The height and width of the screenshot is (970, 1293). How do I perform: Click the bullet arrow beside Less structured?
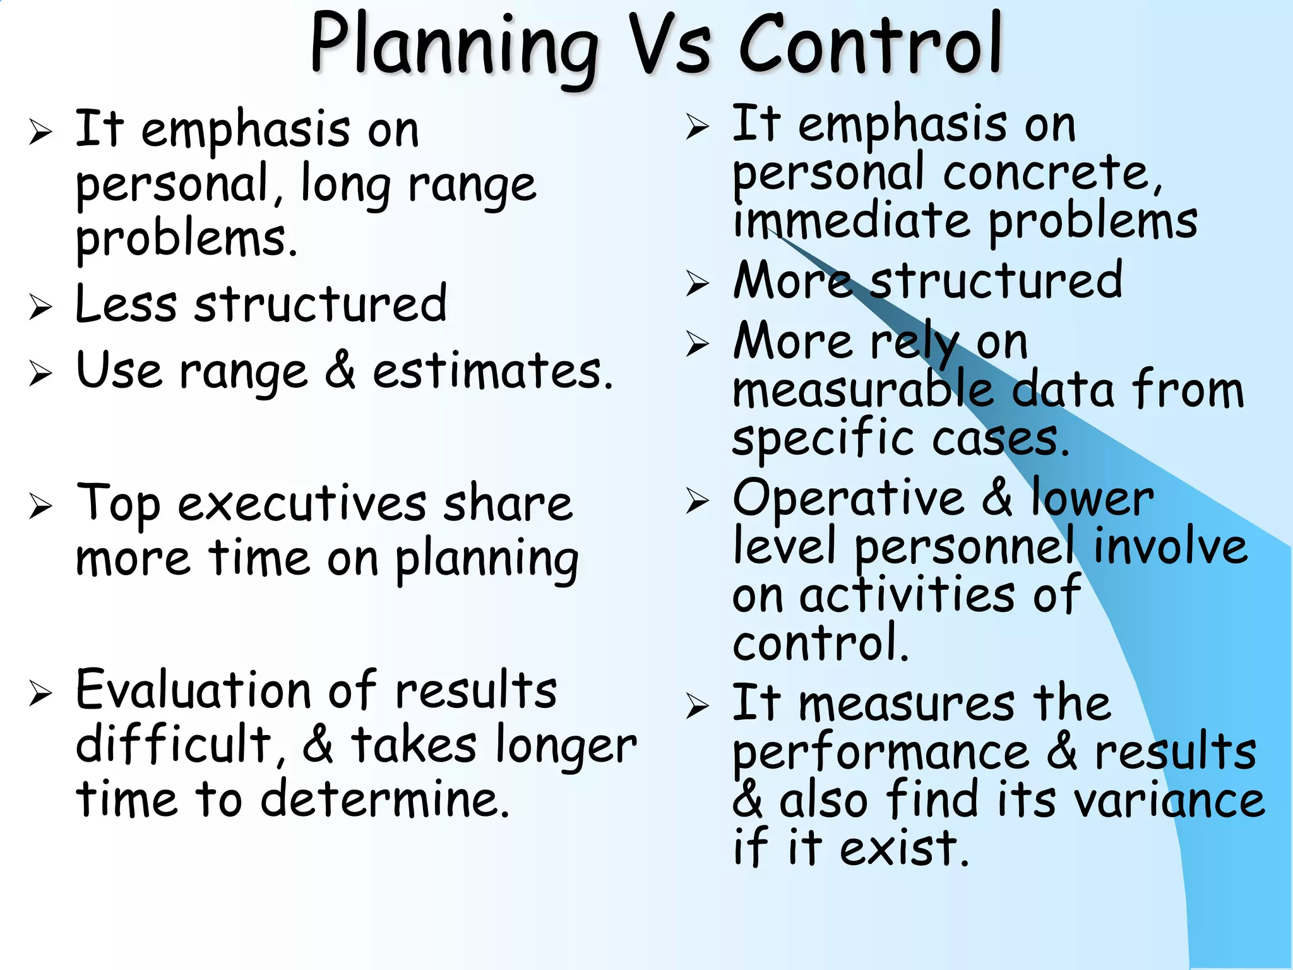tap(40, 307)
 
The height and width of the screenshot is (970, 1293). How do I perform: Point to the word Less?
tap(126, 304)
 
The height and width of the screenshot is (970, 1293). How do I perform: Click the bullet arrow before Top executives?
tap(40, 506)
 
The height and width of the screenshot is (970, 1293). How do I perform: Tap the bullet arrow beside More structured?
tap(697, 283)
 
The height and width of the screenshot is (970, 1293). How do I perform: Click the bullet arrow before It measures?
tap(697, 705)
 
